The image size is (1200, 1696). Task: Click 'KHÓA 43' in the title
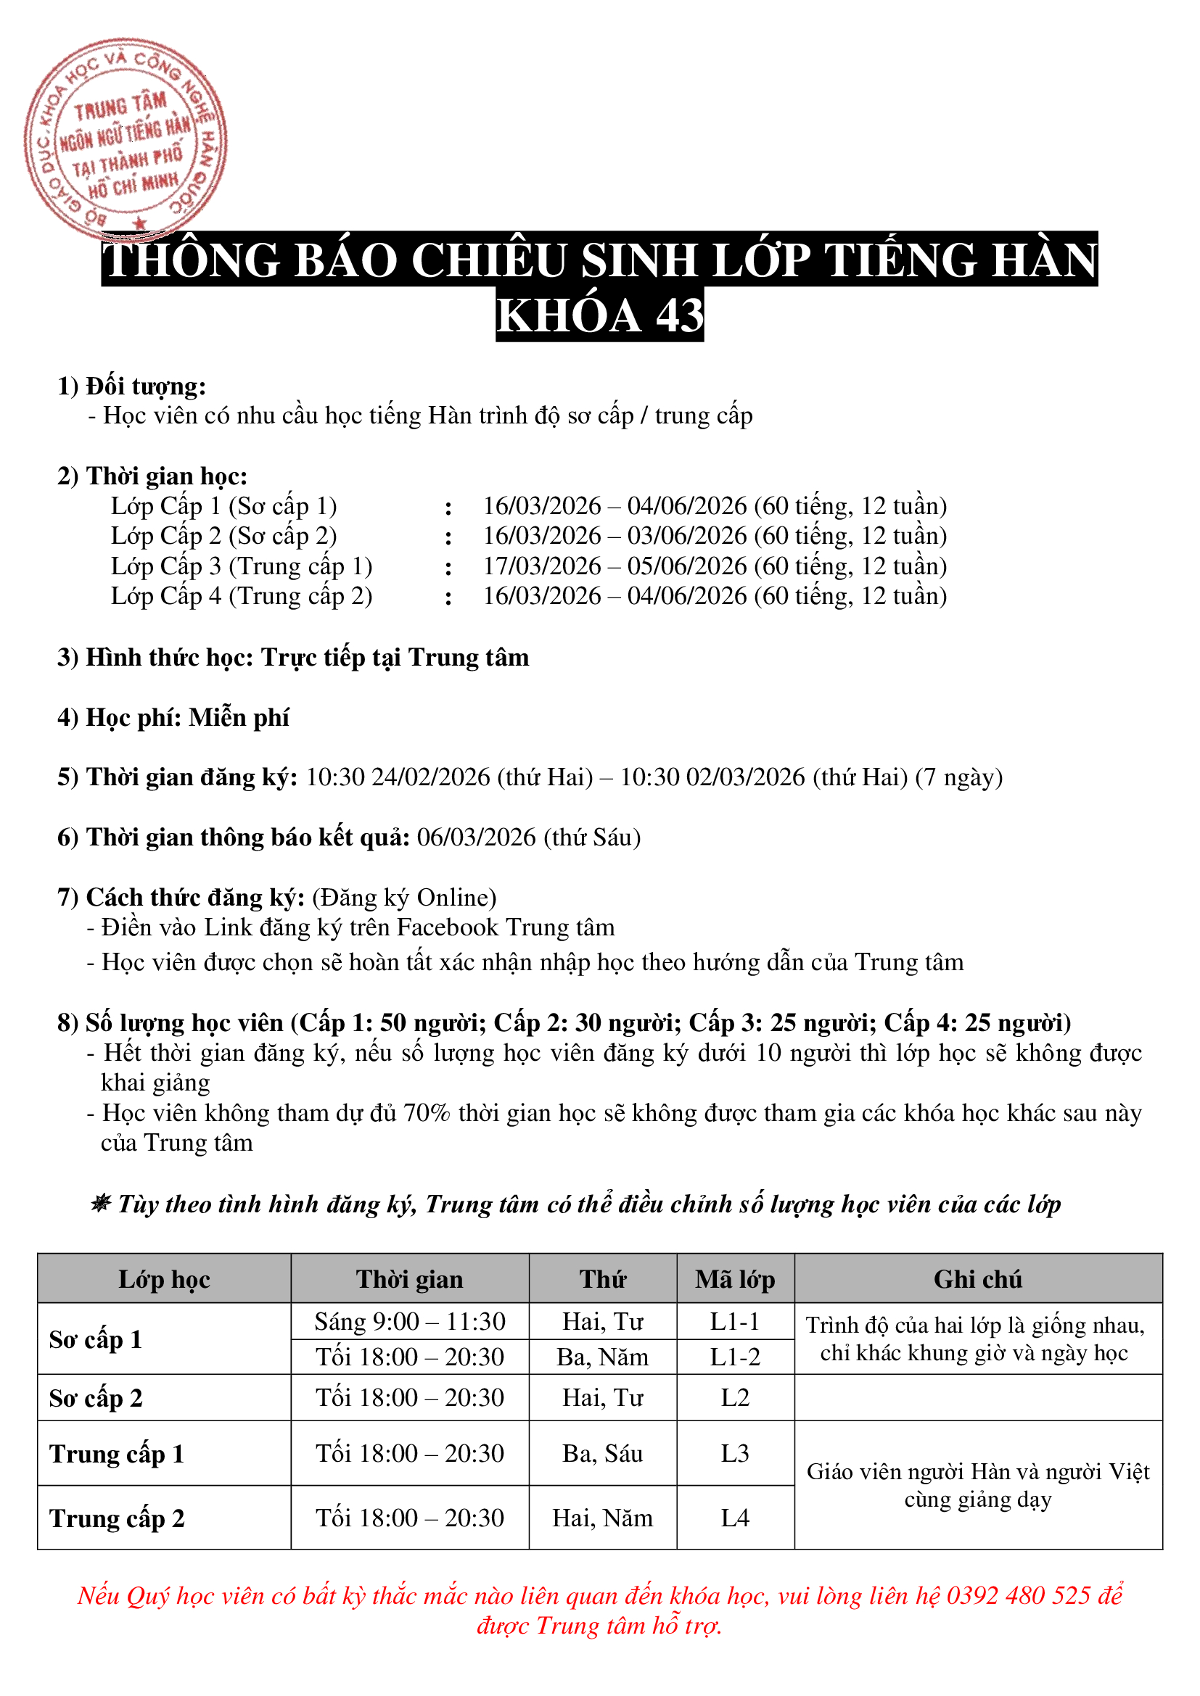tap(599, 315)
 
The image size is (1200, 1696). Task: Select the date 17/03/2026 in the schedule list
tap(542, 566)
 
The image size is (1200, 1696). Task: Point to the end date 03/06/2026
tap(686, 536)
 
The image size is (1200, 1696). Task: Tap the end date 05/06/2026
tap(686, 566)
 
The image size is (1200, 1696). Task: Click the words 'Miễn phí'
tap(239, 717)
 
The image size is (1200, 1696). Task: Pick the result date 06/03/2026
tap(476, 837)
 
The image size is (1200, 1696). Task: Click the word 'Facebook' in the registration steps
tap(447, 927)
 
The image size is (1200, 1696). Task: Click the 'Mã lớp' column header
tap(734, 1278)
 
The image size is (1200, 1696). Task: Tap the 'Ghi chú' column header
tap(977, 1278)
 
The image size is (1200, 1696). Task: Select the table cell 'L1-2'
tap(734, 1357)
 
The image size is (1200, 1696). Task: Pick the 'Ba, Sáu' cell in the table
tap(602, 1453)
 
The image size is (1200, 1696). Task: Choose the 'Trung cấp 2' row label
tap(117, 1518)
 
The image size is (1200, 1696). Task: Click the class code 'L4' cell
tap(734, 1517)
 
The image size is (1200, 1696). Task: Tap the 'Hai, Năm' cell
tap(602, 1517)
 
